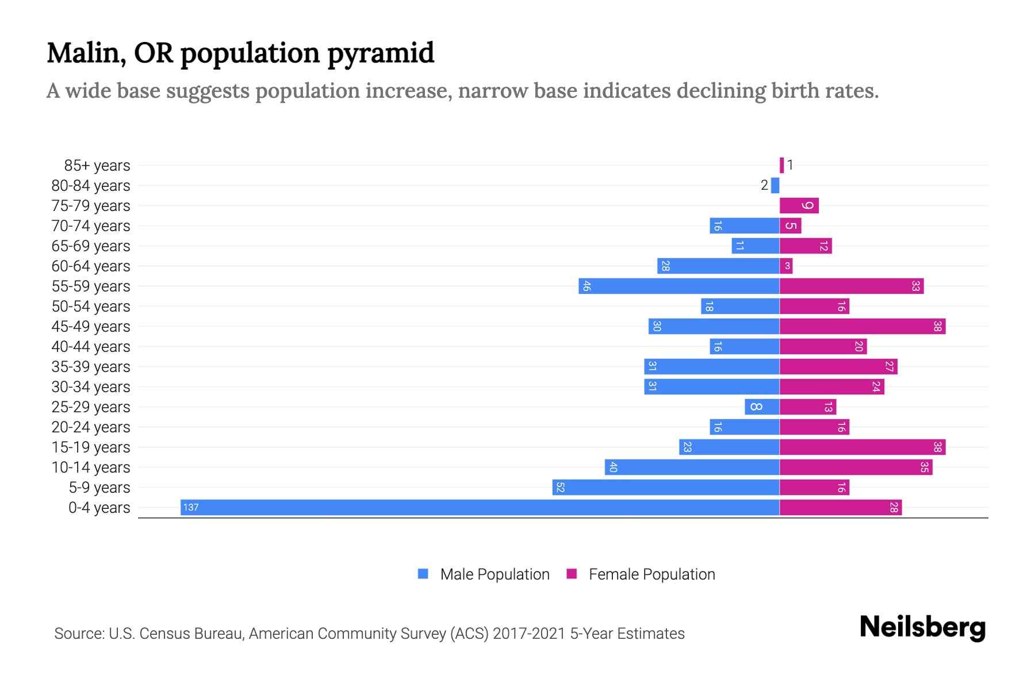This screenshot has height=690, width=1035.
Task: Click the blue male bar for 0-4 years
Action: coord(480,507)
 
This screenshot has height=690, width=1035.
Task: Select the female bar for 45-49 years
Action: coord(862,326)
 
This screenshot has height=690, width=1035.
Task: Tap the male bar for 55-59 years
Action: coord(678,286)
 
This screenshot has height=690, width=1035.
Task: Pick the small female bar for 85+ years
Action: coord(781,165)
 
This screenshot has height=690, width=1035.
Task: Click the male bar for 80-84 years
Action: coord(775,185)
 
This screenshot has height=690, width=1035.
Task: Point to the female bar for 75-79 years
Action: coord(799,205)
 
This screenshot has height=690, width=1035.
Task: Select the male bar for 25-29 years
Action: coord(762,407)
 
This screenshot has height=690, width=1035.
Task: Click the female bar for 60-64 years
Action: coord(786,266)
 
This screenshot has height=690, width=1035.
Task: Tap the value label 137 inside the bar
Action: coord(191,507)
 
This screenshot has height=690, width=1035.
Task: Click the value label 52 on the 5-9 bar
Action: coord(560,487)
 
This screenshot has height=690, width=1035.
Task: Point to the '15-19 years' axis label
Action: coord(91,447)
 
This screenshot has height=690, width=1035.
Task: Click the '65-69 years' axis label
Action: coord(91,246)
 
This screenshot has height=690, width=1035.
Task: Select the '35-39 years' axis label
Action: coord(91,366)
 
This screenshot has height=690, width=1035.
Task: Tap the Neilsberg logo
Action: coord(922,627)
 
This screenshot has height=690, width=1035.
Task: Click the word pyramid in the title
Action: coord(381,53)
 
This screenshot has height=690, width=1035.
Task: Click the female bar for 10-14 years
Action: coord(856,467)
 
